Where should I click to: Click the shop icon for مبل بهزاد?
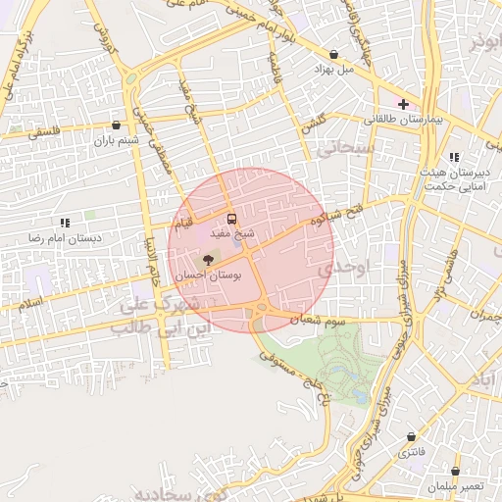pyautogui.click(x=333, y=54)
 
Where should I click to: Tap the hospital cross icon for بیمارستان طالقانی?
pyautogui.click(x=403, y=103)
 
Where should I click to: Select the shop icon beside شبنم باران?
pyautogui.click(x=117, y=125)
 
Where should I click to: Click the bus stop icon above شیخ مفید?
pyautogui.click(x=232, y=219)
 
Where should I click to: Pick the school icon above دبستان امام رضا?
pyautogui.click(x=65, y=223)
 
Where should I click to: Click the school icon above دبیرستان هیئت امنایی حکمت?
pyautogui.click(x=452, y=157)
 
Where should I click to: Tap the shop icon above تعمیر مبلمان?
pyautogui.click(x=456, y=471)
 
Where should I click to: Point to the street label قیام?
pyautogui.click(x=183, y=226)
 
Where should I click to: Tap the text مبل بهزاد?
pyautogui.click(x=332, y=70)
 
